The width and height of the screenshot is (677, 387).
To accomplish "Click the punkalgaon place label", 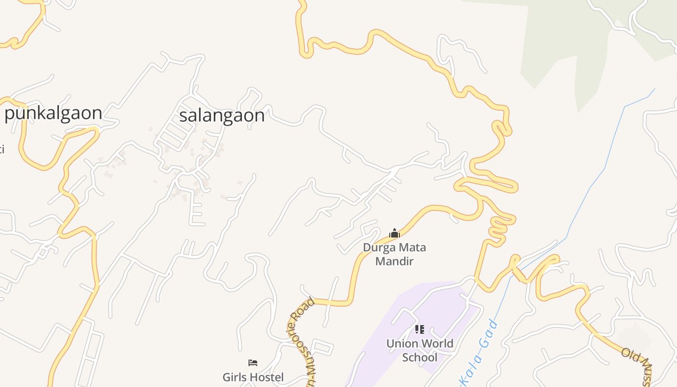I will [x=53, y=113].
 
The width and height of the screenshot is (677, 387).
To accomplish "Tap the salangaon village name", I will [x=222, y=116].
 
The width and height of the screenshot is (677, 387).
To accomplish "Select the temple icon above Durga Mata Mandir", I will [x=395, y=234].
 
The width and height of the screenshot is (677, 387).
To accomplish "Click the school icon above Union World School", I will [x=419, y=329].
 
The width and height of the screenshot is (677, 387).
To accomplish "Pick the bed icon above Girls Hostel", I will [x=253, y=362].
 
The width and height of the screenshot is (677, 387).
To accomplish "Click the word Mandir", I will [x=395, y=262].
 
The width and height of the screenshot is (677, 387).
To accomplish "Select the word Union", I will [x=402, y=343].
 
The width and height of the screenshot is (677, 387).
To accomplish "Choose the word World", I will [x=437, y=343].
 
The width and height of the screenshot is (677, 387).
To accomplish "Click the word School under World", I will [x=420, y=357].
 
